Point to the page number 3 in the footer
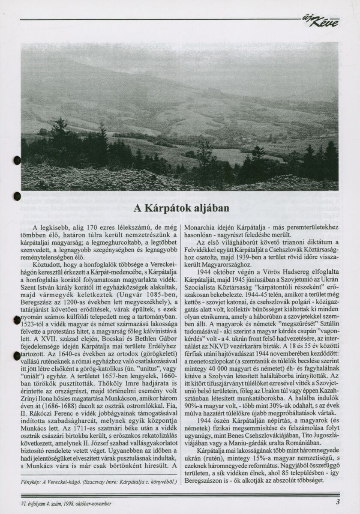click(x=338, y=503)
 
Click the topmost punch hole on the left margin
click(x=17, y=160)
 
